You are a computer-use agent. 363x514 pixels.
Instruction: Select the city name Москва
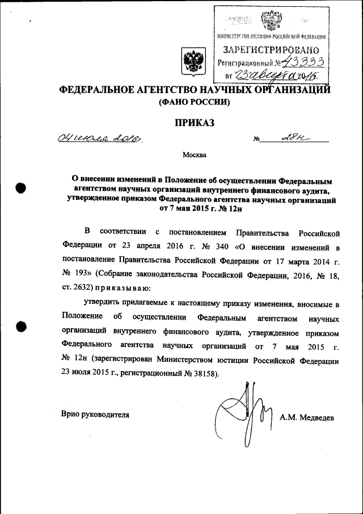[195, 154]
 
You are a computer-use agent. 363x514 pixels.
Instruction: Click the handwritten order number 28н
[293, 137]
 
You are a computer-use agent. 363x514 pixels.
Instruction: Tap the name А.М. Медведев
[307, 417]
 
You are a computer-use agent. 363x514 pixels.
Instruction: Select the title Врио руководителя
[95, 415]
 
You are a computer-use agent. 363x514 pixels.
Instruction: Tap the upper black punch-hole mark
[22, 188]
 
